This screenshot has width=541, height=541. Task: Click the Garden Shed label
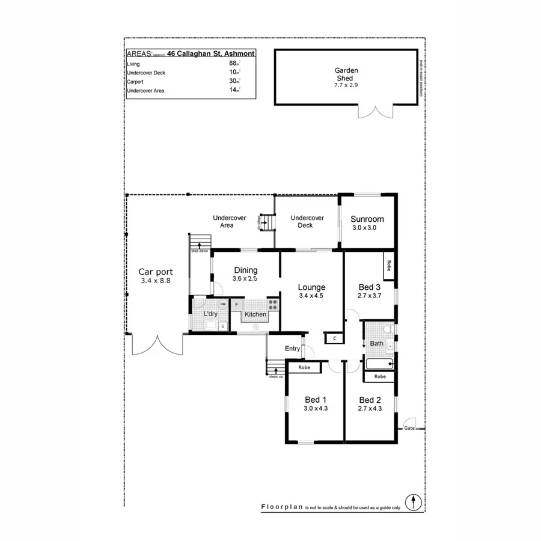[346, 74]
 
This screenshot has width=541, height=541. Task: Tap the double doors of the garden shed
[376, 111]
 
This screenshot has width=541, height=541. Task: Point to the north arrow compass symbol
[414, 501]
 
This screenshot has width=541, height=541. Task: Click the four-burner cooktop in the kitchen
[273, 305]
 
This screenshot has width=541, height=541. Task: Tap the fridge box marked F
[237, 305]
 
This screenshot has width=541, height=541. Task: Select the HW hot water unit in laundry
[222, 304]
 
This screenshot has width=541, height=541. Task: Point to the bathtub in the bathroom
[379, 363]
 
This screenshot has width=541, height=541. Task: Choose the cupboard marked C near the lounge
[334, 338]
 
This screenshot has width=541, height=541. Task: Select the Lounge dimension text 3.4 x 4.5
[311, 295]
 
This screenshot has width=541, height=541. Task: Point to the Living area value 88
[233, 63]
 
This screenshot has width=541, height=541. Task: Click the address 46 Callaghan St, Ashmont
[211, 53]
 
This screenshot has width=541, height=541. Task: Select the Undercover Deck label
[307, 221]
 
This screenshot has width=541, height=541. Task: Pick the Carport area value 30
[233, 81]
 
